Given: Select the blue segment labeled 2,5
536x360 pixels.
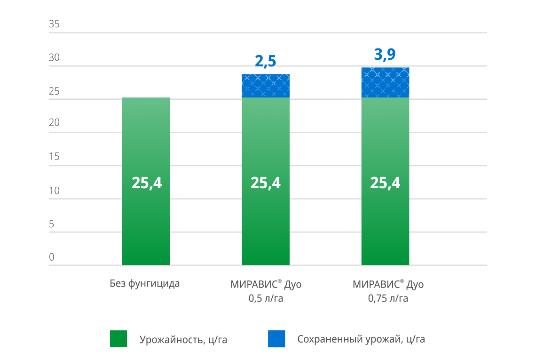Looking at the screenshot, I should point(266,86).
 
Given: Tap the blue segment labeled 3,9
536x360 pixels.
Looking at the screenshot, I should point(385,82).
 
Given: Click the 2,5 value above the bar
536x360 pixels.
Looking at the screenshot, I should point(266,62).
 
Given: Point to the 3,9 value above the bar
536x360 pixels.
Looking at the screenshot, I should point(385,55).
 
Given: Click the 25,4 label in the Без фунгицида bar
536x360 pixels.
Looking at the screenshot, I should point(146,183).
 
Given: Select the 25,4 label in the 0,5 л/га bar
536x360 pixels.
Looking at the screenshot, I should point(266,183).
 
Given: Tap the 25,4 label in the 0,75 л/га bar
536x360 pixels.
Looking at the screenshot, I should point(385,183).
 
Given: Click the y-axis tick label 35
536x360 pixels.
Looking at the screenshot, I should point(54,24).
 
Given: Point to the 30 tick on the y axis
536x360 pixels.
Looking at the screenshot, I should point(54,58).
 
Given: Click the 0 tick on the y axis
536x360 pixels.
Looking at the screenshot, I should point(52,257).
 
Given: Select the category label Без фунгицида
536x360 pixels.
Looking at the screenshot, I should point(145,284).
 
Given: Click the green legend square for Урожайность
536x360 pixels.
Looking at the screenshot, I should point(118,339).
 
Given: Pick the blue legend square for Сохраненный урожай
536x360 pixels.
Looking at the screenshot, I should point(276,339).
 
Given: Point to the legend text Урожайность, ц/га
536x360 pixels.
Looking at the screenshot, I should point(183,340).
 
